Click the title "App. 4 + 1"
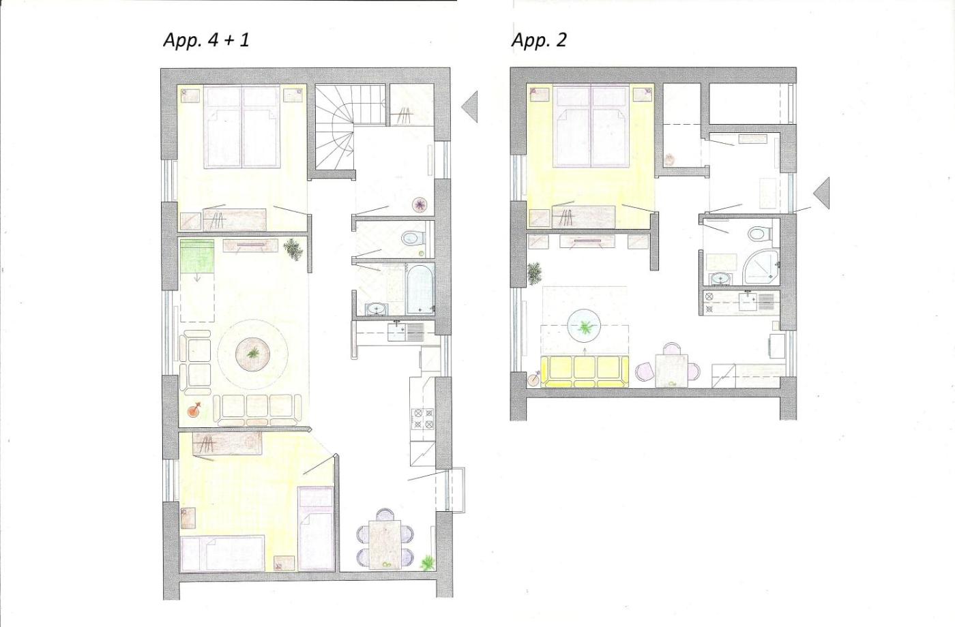coord(206,40)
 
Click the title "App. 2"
coord(539,40)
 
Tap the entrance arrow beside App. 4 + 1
coord(469,106)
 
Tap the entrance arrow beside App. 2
coord(821,193)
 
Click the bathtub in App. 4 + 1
coord(421,290)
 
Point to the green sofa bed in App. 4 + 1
coord(197,256)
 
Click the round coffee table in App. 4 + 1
coord(252,353)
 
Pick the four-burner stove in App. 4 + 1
coord(422,418)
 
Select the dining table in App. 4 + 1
coord(385,544)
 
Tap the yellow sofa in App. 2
coord(585,371)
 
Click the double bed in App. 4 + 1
coord(241,127)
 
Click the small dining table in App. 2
coord(671,370)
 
